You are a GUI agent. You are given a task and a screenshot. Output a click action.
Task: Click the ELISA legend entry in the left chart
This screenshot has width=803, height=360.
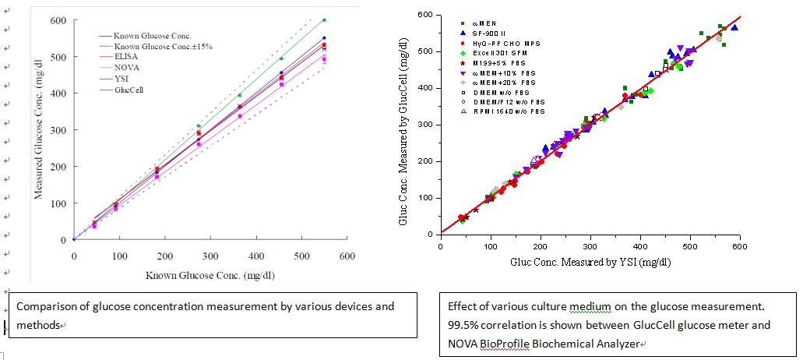coord(125,57)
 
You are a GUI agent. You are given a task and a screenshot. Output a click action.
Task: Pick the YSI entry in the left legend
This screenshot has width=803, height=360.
coord(122,79)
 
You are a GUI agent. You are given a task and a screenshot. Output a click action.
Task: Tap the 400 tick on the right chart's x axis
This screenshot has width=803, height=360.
coord(639,245)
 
